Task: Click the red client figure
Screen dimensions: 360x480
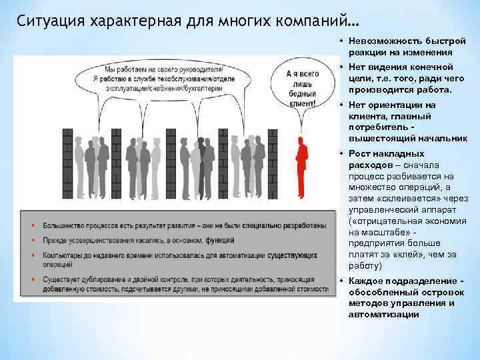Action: coord(301,167)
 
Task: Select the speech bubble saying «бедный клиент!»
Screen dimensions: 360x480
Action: coord(301,91)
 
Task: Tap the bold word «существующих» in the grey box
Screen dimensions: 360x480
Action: coord(293,255)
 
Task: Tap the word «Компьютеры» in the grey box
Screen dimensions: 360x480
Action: coord(61,255)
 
